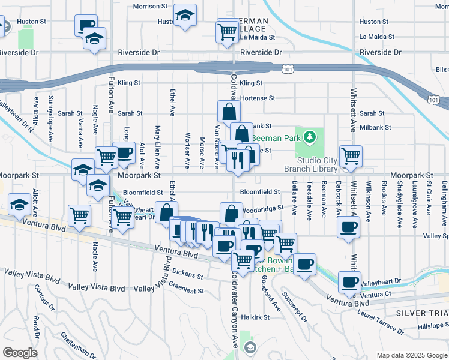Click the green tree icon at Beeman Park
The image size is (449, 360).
click(310, 137)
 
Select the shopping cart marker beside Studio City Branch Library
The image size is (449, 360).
click(351, 156)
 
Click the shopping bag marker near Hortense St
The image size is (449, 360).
click(229, 111)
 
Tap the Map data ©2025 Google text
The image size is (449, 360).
click(411, 355)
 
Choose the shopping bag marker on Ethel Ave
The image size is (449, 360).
click(166, 212)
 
